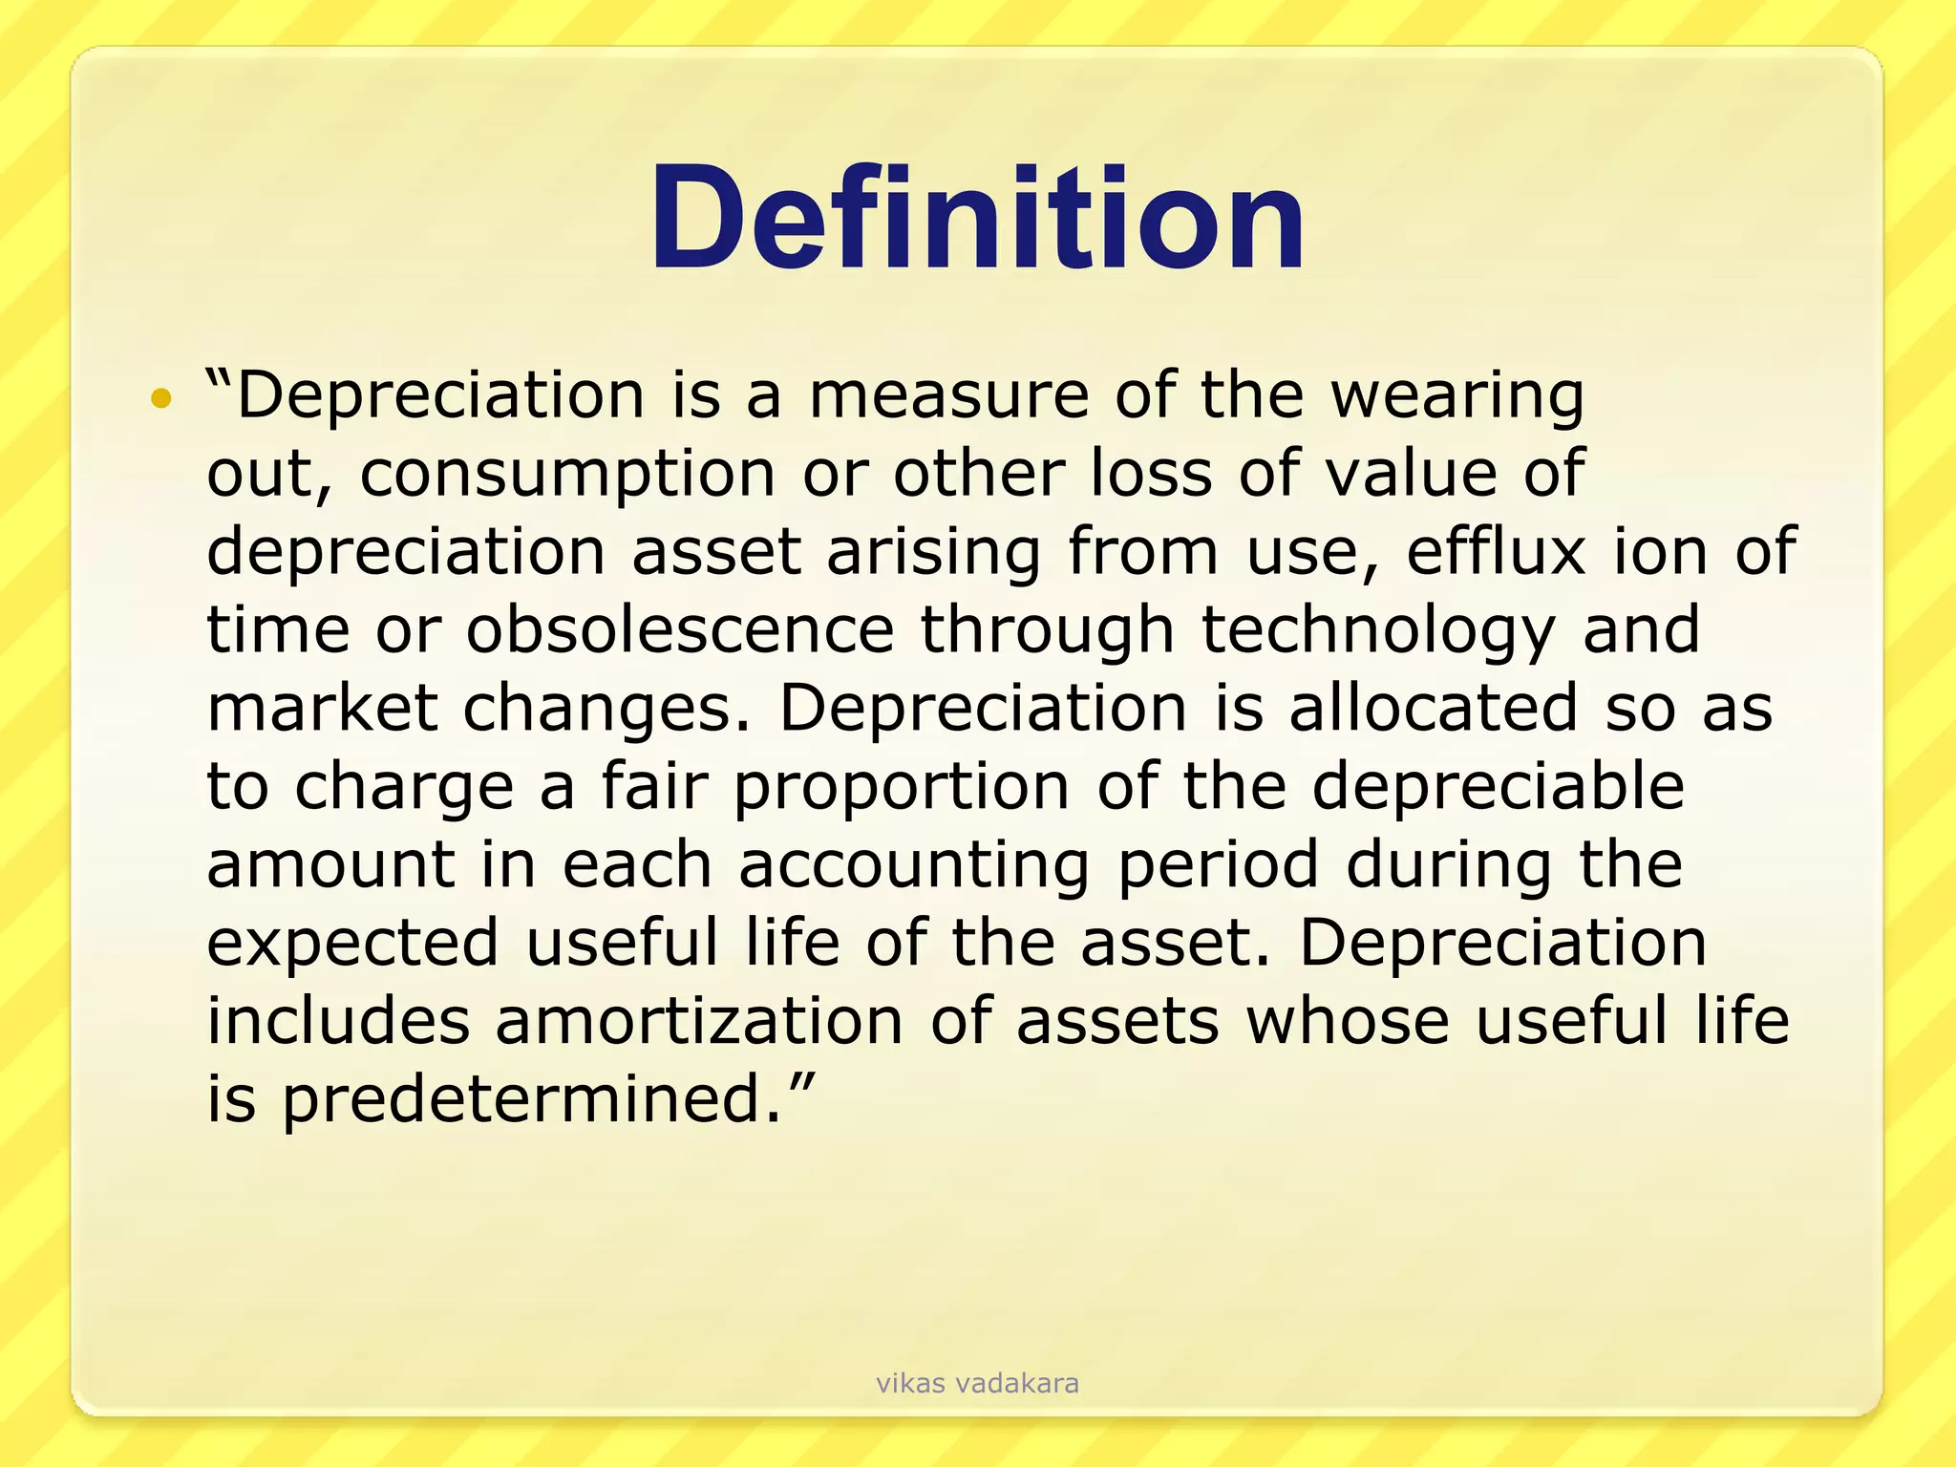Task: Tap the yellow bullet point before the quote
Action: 161,398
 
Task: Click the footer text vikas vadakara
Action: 977,1383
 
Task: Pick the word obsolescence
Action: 680,630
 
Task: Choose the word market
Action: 322,708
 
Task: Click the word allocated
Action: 1433,708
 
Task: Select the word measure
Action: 948,395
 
